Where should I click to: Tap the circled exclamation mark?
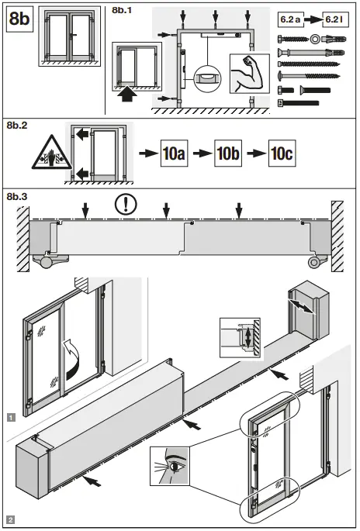(124, 205)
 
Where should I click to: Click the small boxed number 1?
(9, 417)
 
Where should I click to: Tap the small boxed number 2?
(9, 519)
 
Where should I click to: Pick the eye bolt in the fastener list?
(317, 37)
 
